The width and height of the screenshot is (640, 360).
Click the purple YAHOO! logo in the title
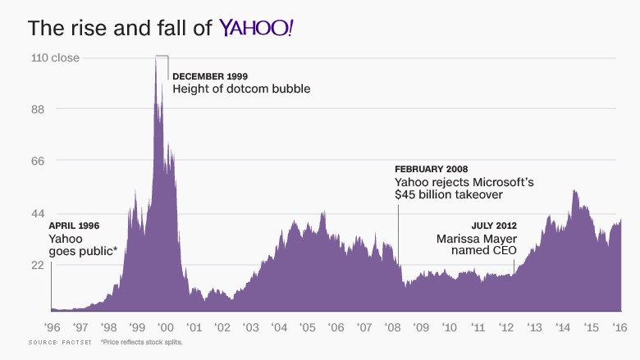(x=256, y=27)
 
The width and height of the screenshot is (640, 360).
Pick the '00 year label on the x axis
(x=164, y=326)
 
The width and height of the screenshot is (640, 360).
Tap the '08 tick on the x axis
(x=392, y=326)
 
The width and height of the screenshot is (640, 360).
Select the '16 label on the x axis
(x=620, y=326)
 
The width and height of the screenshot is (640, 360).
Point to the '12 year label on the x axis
(x=506, y=326)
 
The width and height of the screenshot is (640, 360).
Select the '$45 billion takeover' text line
(x=448, y=194)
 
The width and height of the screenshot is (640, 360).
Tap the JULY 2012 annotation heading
(x=494, y=226)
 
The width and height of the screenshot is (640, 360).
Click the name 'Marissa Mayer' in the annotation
(x=477, y=239)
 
